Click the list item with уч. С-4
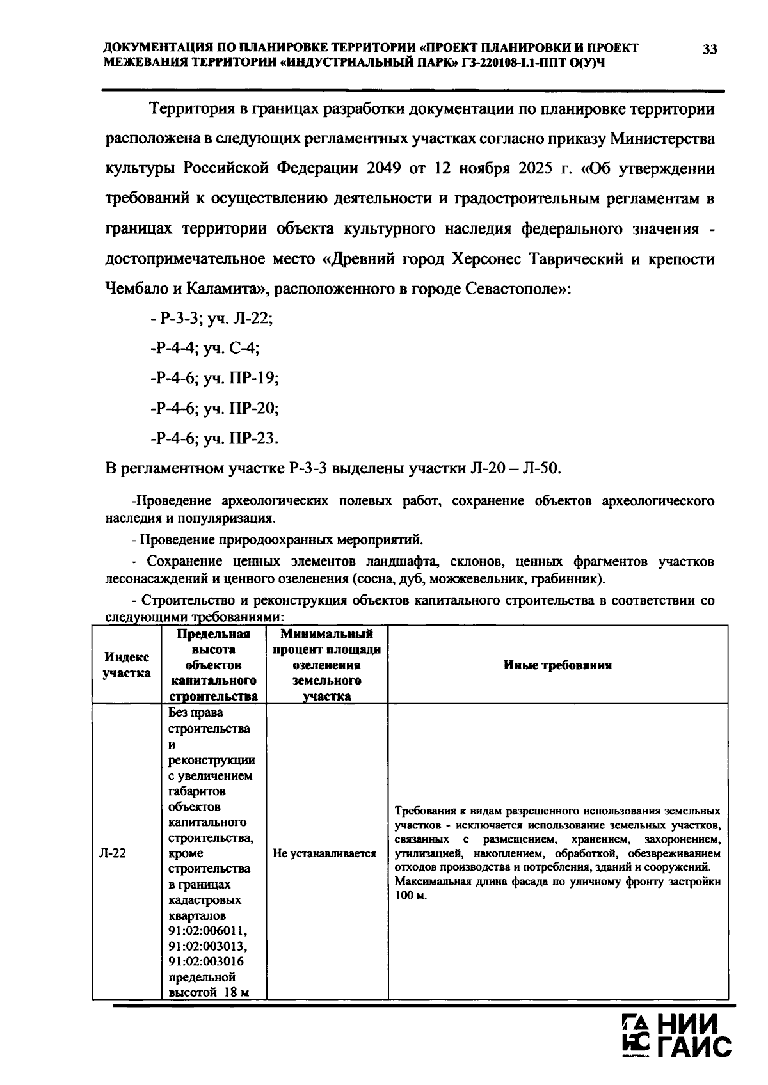coord(204,349)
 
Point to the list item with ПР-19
coord(214,379)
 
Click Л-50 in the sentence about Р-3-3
coord(541,469)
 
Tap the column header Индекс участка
coord(127,665)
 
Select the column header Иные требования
coord(557,665)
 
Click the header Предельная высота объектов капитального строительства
coord(213,665)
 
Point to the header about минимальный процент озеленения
coord(326,665)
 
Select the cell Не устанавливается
coord(324,853)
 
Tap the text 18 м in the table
coord(235,993)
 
